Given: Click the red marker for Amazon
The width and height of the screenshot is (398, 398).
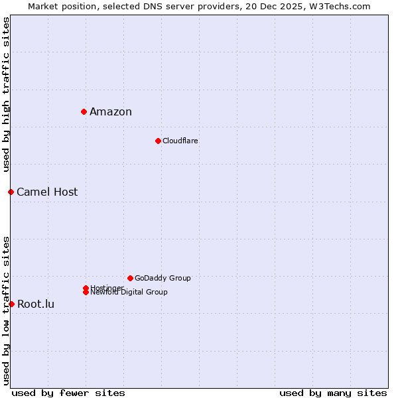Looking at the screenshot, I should click(x=84, y=111).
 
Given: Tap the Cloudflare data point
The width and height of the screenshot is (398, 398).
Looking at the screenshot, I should click(x=158, y=141).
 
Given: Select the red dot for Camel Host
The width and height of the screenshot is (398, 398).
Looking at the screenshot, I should click(x=11, y=192).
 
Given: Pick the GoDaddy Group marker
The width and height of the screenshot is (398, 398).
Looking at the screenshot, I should click(x=130, y=278).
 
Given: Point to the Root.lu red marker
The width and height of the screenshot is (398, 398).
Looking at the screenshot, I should click(x=11, y=304).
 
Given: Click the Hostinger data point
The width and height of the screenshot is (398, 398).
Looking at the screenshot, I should click(x=86, y=288).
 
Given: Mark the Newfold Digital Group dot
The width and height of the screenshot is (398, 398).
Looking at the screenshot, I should click(x=86, y=292).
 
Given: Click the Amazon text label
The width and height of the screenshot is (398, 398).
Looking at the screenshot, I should click(x=111, y=111).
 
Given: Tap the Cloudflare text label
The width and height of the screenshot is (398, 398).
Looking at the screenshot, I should click(x=180, y=141).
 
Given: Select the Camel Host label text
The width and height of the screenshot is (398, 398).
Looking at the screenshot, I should click(x=47, y=192).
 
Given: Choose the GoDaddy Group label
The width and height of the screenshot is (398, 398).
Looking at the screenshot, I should click(x=163, y=278).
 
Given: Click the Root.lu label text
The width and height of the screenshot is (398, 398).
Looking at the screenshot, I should click(x=36, y=304).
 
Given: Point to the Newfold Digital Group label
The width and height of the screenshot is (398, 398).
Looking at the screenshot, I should click(x=129, y=293).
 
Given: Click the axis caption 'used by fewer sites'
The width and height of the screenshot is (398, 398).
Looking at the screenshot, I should click(x=68, y=393).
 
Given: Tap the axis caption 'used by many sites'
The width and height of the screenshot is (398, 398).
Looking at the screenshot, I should click(x=333, y=393).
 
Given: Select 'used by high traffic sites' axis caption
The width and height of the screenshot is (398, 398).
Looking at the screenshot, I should click(x=6, y=94).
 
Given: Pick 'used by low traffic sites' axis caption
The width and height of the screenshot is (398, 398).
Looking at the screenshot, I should click(x=6, y=310).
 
